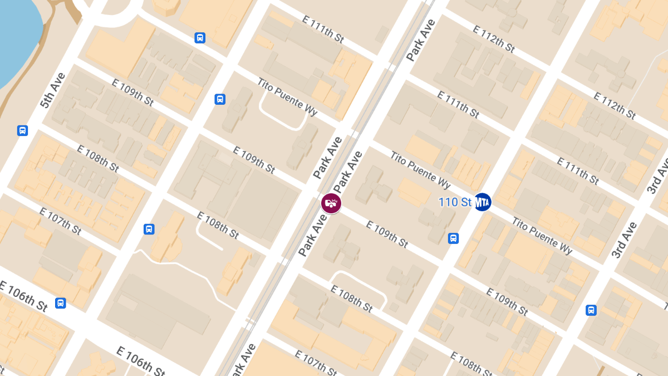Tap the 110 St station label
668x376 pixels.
coord(455,202)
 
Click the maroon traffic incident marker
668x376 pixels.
coord(331,203)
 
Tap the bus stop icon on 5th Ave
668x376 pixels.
coord(22,130)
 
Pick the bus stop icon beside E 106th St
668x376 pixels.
coord(61,303)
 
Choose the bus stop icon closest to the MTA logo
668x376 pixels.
coord(454,238)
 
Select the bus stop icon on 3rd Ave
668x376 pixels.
coord(591,310)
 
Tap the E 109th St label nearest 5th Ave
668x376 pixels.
coord(132,92)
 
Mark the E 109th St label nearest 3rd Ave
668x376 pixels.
coord(507,301)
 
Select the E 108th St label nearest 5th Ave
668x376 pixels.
coord(98,158)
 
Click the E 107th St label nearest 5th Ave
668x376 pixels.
coord(60,221)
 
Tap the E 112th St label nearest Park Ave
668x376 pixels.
coord(493,38)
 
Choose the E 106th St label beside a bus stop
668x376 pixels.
coord(23,297)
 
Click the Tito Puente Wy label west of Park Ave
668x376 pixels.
coord(287,96)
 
